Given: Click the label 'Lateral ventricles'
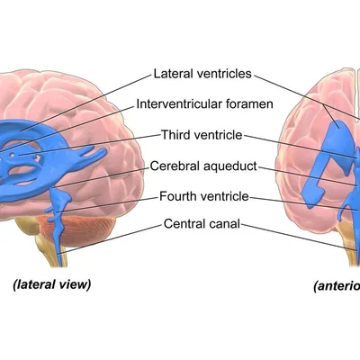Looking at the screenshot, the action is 202,74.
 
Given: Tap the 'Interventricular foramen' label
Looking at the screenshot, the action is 204,104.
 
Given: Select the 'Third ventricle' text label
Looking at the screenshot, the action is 202,135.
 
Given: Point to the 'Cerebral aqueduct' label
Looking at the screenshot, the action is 203,166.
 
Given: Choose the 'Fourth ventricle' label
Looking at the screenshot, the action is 204,196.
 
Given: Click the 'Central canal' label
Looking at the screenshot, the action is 202,224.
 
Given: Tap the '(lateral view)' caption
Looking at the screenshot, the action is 51,284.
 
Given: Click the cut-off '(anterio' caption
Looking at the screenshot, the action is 337,286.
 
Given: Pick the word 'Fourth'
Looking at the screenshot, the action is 176,196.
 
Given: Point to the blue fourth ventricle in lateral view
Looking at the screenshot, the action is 60,201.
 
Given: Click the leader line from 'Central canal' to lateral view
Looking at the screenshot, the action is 111,239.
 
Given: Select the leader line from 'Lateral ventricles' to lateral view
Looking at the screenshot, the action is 85,103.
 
